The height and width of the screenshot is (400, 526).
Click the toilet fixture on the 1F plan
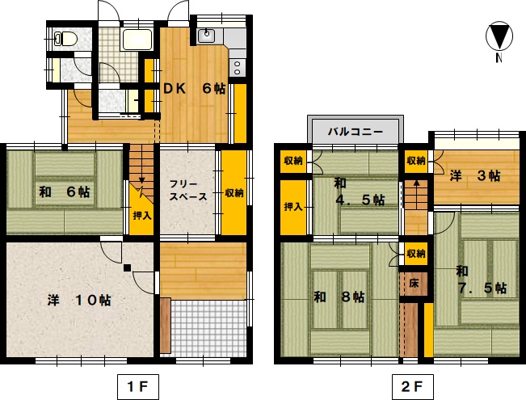(x=66, y=38)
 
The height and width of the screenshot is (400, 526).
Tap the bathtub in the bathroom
(x=137, y=40)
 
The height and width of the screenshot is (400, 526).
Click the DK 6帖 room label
(x=194, y=89)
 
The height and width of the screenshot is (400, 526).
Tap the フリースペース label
(x=187, y=190)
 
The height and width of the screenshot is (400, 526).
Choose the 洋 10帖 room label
(x=79, y=300)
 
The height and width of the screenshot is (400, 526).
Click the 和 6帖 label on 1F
(x=65, y=192)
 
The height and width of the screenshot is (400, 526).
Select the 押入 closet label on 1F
(x=142, y=216)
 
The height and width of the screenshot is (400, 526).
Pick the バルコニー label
(x=356, y=131)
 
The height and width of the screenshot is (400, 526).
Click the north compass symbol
(x=499, y=36)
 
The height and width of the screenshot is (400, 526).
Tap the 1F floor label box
(x=138, y=387)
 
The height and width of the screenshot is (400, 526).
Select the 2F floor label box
(x=413, y=387)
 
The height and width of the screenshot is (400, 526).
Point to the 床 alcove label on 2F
(x=414, y=284)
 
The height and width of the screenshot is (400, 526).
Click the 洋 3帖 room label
(x=475, y=176)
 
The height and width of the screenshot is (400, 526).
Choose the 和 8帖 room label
(x=339, y=297)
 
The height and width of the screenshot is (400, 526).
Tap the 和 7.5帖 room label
(x=482, y=280)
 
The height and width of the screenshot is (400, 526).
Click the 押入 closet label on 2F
(x=293, y=207)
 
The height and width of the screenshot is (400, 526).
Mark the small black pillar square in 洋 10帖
(x=127, y=267)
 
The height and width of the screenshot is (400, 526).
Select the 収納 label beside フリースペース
(x=234, y=193)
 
